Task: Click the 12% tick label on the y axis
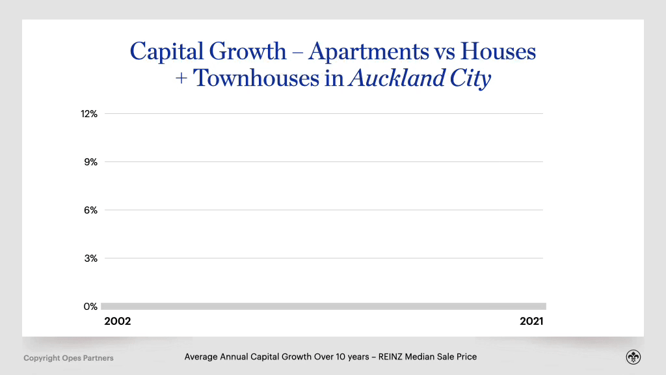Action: point(89,114)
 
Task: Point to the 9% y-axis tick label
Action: point(90,162)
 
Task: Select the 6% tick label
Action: point(90,210)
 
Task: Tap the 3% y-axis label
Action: point(90,258)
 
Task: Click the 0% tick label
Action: point(90,307)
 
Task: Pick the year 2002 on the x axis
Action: point(118,322)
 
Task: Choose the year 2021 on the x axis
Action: point(531,322)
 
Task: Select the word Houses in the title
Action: point(497,51)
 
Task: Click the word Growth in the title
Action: point(250,51)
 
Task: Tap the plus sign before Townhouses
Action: point(181,79)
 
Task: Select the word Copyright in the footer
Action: point(42,358)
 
